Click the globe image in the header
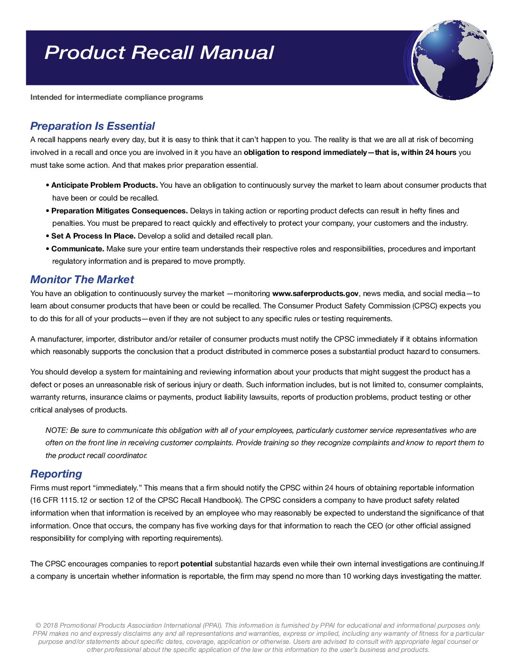tap(452, 60)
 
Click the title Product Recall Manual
tap(159, 53)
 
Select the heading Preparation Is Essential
tap(92, 126)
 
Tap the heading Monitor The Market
tap(82, 279)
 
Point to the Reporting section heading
tap(56, 474)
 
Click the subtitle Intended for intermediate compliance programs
tap(116, 97)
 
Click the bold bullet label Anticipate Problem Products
tap(105, 185)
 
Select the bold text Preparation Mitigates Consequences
tap(119, 210)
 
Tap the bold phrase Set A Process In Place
tap(93, 236)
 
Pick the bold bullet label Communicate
tap(77, 249)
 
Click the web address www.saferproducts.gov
tap(315, 294)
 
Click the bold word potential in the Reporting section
tap(196, 564)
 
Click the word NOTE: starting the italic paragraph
tap(57, 430)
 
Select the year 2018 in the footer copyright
tap(50, 626)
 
